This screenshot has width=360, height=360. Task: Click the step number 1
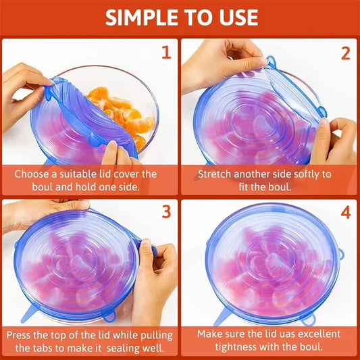(x=166, y=52)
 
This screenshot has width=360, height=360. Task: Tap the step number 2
(x=345, y=52)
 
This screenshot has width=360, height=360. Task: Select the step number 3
(x=166, y=212)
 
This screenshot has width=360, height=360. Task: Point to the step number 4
(x=345, y=212)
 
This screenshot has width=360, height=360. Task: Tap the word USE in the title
(x=237, y=17)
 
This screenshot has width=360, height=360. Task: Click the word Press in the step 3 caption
(x=21, y=334)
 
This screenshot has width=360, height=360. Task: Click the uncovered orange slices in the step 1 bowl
(x=125, y=111)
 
